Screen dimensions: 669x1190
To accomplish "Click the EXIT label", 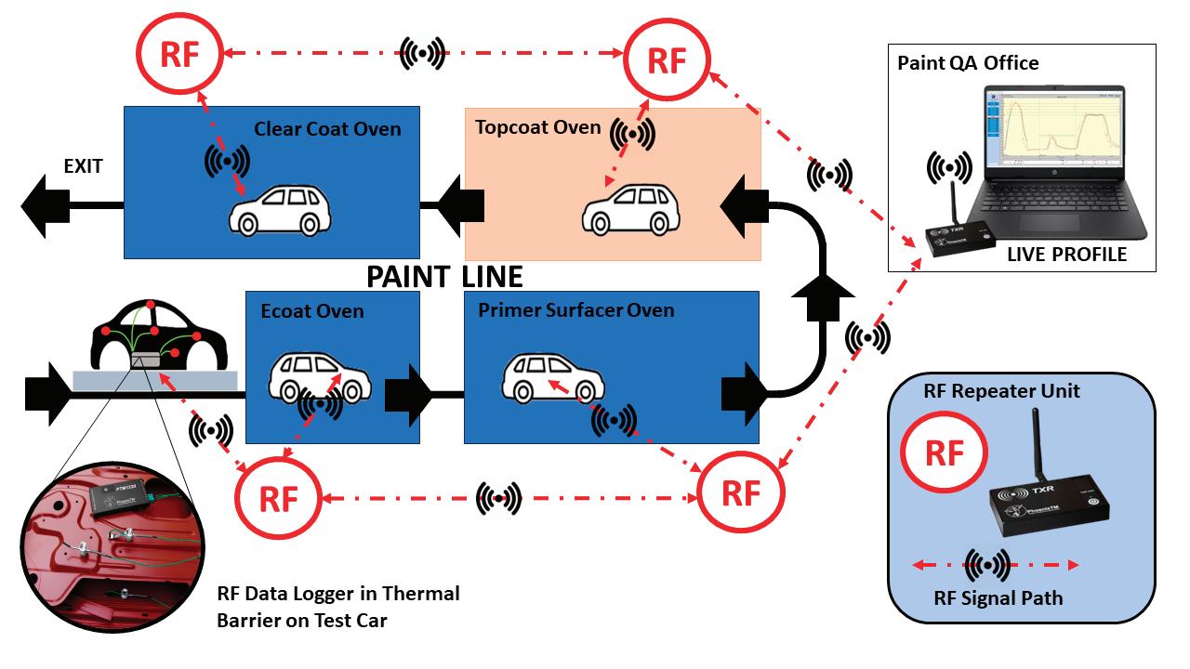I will (x=83, y=167).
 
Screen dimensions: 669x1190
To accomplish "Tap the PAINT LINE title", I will (x=444, y=276).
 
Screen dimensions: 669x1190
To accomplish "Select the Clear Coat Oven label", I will (x=327, y=129).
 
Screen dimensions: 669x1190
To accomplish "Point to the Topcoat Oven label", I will (x=537, y=127).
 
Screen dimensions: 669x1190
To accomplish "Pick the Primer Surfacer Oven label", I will (x=576, y=309).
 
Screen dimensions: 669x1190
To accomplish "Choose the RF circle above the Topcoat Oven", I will (x=666, y=60).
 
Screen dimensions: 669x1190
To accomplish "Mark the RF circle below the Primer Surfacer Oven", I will (x=741, y=492).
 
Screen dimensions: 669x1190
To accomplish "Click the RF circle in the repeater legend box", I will (x=945, y=453).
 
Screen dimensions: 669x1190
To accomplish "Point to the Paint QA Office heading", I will (x=968, y=64).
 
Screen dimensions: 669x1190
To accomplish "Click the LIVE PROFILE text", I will (x=1066, y=254).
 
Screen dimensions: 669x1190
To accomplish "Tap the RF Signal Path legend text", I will (x=998, y=597).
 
